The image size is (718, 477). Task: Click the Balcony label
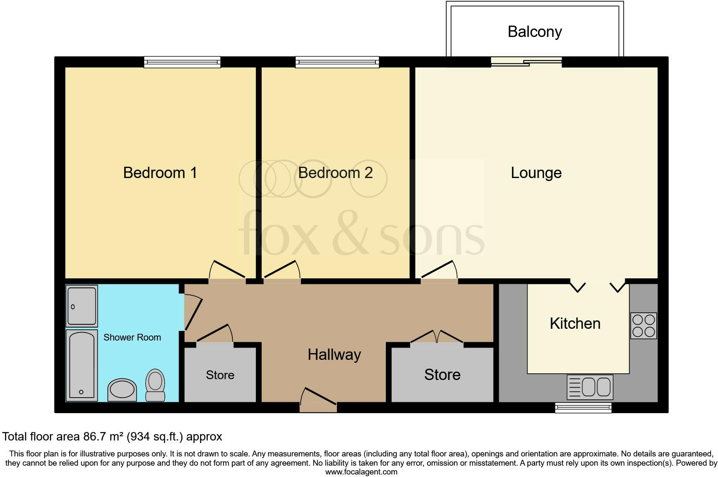[x=534, y=32]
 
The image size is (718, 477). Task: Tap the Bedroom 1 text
[x=160, y=173]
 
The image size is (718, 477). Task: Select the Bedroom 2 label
[x=335, y=173]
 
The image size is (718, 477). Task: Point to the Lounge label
[x=536, y=173]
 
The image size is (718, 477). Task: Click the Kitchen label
[x=575, y=324]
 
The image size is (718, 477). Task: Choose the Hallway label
[x=334, y=355]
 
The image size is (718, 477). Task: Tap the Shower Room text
[x=132, y=338]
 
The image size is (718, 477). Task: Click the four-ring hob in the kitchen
[x=643, y=326]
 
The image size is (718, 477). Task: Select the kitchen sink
[x=590, y=387]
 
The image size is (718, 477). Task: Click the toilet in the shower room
[x=155, y=385]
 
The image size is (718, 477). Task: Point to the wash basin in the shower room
[x=122, y=390]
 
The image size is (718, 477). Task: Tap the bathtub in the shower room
[x=81, y=365]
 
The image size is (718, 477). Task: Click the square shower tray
[x=82, y=306]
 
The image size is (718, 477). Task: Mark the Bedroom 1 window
[x=182, y=62]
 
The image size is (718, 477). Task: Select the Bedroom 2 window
[x=337, y=62]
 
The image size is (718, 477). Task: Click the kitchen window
[x=583, y=407]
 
